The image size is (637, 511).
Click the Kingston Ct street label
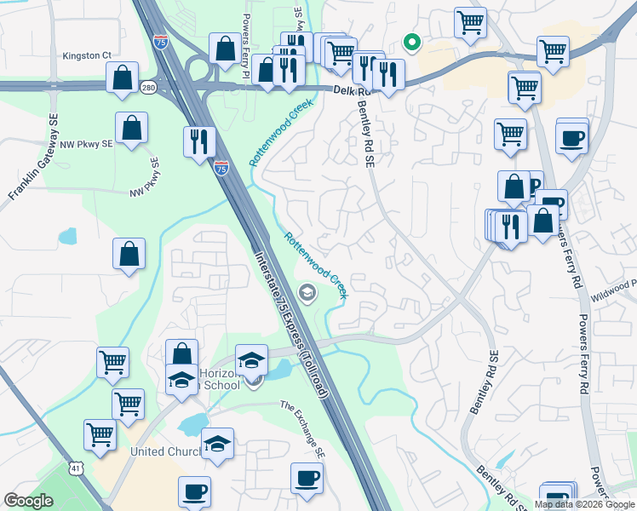(87, 55)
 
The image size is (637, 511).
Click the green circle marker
(411, 42)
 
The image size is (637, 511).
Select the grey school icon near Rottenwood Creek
(307, 294)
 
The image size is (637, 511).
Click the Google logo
(29, 501)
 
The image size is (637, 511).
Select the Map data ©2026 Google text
(584, 504)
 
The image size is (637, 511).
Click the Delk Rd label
(344, 91)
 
